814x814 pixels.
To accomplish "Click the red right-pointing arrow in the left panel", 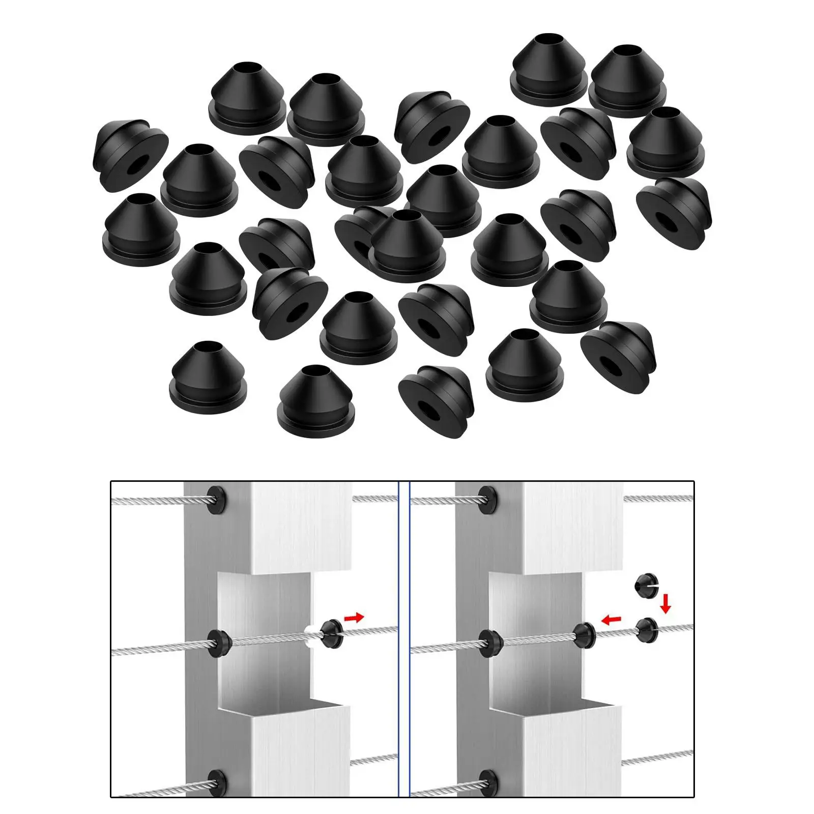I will click(354, 618).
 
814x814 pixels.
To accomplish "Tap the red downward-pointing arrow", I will click(666, 605).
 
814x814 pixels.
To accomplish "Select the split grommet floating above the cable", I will click(645, 586).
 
